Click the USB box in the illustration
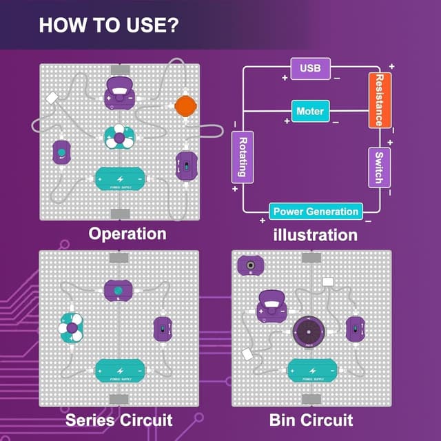coord(310,69)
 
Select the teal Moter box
coord(310,111)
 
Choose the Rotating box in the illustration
coord(243,156)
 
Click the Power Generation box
coord(316,212)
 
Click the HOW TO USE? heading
coord(110,26)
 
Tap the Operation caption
coord(127,234)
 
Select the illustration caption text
coord(315,235)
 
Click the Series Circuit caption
coord(119,419)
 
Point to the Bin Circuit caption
coord(311,419)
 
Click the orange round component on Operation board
coord(185,106)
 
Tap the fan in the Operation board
coord(119,138)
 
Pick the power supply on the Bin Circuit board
coord(311,371)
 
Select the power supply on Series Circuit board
coord(119,371)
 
